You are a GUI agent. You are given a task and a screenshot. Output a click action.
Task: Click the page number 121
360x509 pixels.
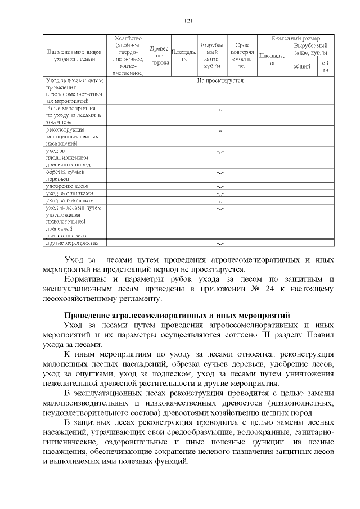click(x=188, y=21)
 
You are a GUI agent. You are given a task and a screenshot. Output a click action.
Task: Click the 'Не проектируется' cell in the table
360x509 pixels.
click(x=220, y=81)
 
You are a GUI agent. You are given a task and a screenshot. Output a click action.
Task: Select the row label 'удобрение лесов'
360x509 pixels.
click(x=67, y=186)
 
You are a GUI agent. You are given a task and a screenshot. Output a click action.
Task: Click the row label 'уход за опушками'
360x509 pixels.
click(x=69, y=193)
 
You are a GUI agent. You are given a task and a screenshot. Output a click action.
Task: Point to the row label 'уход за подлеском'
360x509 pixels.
click(x=69, y=200)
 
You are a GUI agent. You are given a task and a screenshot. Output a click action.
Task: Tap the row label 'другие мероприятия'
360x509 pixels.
click(x=73, y=243)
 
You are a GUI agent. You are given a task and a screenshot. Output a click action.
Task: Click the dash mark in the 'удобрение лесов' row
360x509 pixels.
click(x=220, y=186)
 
